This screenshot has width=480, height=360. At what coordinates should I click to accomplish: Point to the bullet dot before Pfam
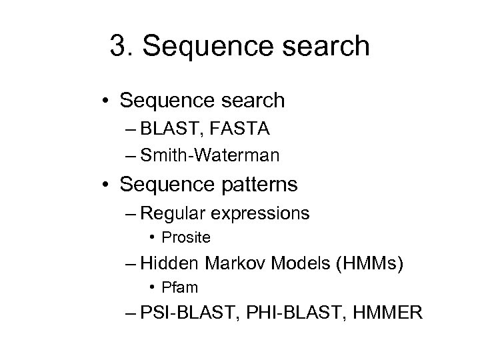click(154, 288)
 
